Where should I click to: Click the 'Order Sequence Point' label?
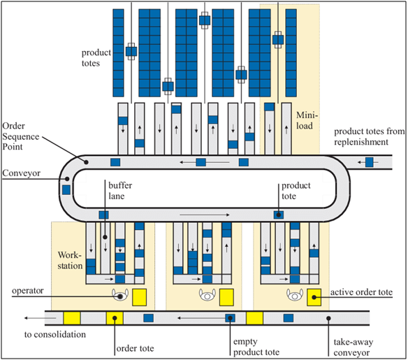coord(21,136)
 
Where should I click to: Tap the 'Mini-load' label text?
coord(307,120)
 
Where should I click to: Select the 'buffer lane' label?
coord(120,191)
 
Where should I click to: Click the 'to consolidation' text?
coord(55,335)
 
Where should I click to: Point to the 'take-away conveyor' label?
coord(354,347)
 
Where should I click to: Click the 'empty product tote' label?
coord(256,347)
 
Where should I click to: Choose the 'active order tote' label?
coord(361,292)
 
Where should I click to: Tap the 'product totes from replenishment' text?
coord(370,136)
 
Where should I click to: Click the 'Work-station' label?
coord(70,260)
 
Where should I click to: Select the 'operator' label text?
coord(27,291)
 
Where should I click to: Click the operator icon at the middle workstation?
coord(207,295)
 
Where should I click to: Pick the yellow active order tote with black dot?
coord(314,297)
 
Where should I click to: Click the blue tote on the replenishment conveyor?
coord(370,162)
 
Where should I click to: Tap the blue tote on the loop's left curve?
coord(66,189)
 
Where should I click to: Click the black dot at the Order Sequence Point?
coord(87,162)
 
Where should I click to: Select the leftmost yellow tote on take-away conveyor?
coord(72,318)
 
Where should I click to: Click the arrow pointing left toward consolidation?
coord(41,318)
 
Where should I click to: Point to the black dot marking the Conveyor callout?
coord(67,179)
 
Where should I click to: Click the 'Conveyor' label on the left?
coord(22,173)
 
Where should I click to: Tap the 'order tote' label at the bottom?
coord(135,348)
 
